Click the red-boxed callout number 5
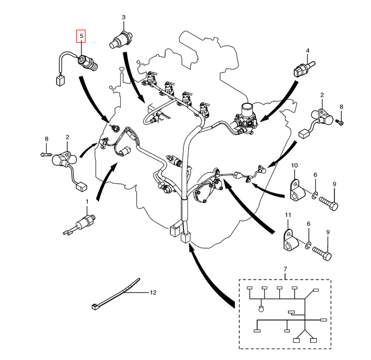click(x=81, y=36)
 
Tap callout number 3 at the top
click(x=124, y=17)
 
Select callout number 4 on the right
click(x=307, y=50)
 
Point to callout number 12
click(x=153, y=293)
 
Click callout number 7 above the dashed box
click(x=285, y=269)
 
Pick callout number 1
click(x=87, y=201)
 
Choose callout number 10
click(x=294, y=165)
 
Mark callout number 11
click(x=288, y=215)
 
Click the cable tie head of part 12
click(x=95, y=307)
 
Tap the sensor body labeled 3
click(x=121, y=39)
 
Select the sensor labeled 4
click(x=304, y=69)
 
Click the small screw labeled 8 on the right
click(x=340, y=122)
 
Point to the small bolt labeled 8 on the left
click(x=46, y=155)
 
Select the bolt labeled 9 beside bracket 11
click(x=322, y=253)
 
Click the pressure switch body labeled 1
click(x=85, y=221)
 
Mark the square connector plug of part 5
click(x=61, y=80)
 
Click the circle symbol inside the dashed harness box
click(x=261, y=309)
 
